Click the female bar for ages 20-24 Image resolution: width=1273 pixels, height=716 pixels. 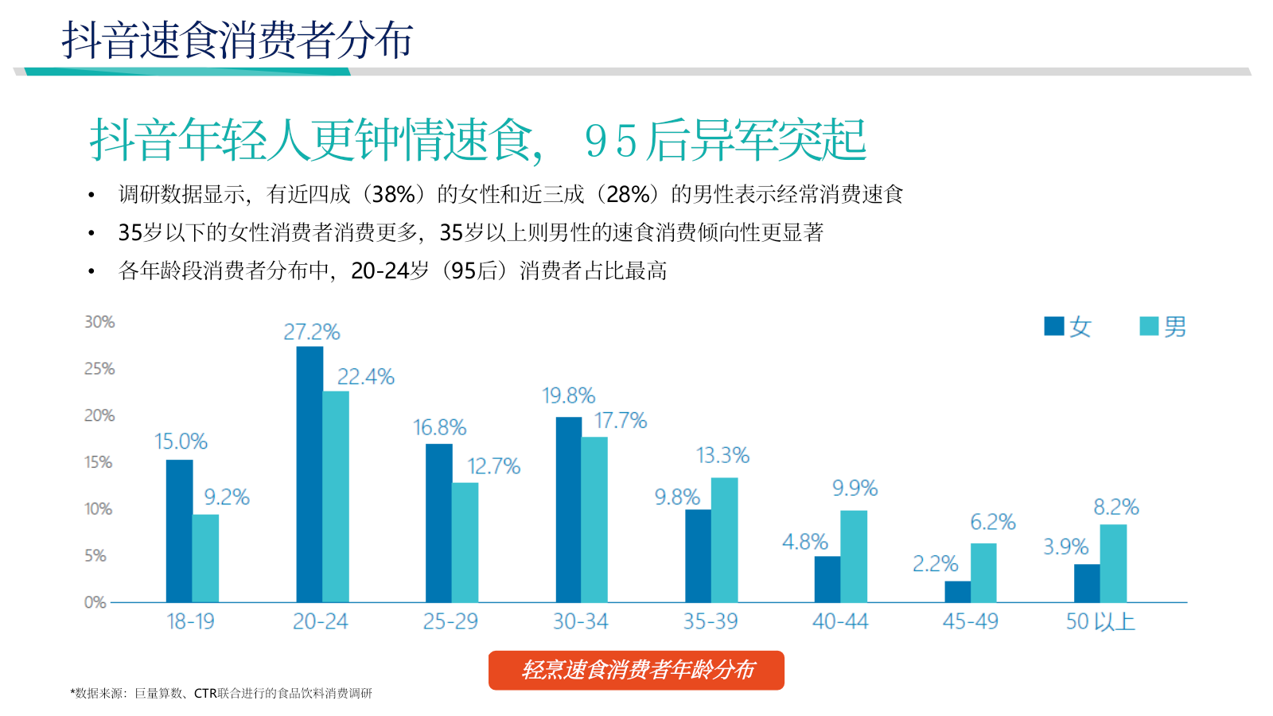pos(309,474)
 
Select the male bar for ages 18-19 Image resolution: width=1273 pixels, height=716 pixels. pos(205,558)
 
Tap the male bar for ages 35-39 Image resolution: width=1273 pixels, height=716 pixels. pos(724,539)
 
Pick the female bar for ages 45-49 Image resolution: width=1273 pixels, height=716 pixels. pos(957,591)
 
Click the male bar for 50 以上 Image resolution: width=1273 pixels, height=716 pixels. pos(1113,562)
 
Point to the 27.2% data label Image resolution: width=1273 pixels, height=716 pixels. pos(312,332)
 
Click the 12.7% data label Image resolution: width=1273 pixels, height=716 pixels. pos(493,466)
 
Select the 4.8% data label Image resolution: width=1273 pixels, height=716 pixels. pos(805,542)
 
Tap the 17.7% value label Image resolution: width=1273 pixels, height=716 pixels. pos(621,420)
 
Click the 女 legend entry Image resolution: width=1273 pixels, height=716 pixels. pos(1069,326)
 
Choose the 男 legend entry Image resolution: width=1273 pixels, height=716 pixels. pos(1164,326)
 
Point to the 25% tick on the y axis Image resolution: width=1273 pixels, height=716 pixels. pos(99,368)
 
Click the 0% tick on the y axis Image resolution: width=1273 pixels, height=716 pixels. pos(95,602)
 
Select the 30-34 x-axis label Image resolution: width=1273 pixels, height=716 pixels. pos(581,621)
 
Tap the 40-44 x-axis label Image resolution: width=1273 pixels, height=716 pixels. pos(840,621)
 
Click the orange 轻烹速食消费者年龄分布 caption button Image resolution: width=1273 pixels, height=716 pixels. pos(636,670)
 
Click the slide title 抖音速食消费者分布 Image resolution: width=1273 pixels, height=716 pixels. pos(237,40)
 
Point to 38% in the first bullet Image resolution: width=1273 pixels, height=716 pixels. pos(394,194)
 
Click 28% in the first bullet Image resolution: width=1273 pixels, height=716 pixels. pos(628,194)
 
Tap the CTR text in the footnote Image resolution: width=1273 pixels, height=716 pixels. pos(205,693)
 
